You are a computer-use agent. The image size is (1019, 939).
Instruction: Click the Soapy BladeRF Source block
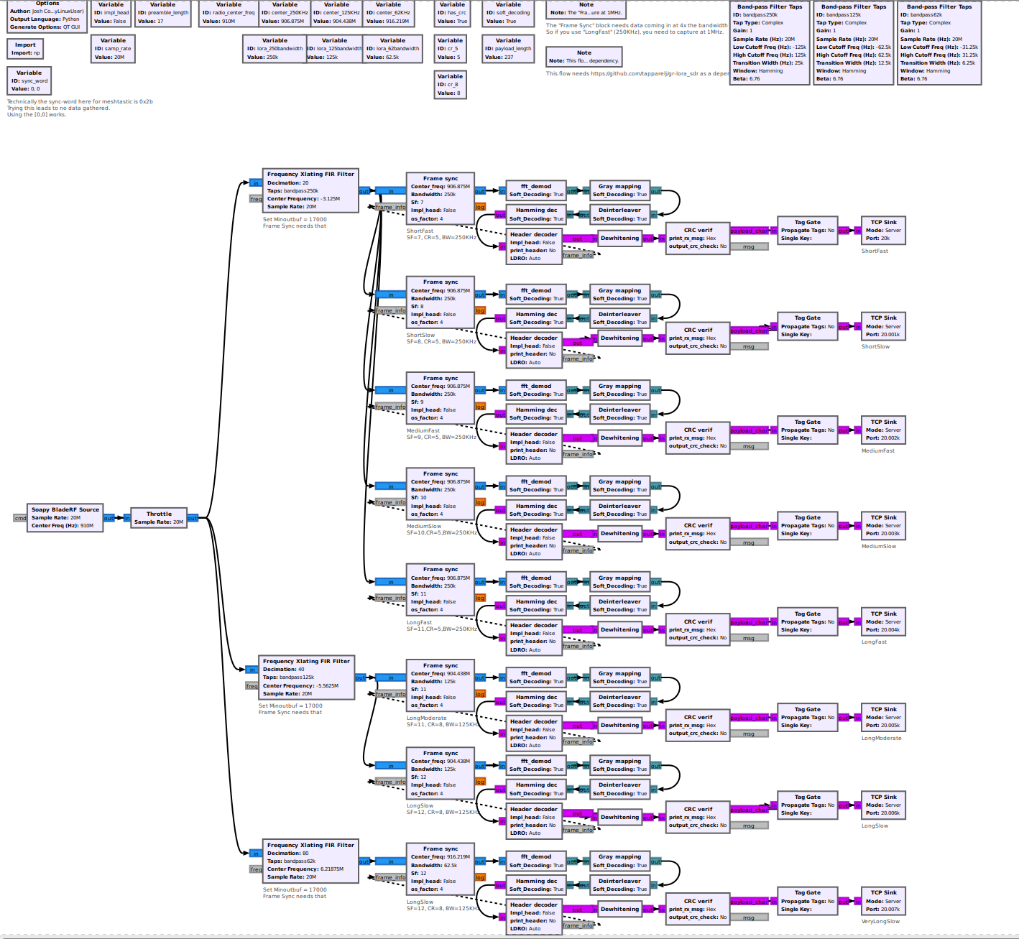65,517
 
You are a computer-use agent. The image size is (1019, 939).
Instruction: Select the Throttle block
159,518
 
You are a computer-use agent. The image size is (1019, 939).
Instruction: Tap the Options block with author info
47,17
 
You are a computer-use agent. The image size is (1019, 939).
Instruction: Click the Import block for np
25,49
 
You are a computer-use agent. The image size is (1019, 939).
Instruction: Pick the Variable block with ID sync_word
29,80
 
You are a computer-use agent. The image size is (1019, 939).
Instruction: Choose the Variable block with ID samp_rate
113,49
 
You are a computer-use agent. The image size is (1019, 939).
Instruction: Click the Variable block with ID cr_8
450,84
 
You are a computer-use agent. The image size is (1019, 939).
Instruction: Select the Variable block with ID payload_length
508,49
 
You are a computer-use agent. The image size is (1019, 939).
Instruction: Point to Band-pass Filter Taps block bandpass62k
939,43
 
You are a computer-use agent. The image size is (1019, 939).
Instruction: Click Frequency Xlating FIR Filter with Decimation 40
306,677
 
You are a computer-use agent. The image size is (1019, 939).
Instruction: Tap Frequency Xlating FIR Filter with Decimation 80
310,861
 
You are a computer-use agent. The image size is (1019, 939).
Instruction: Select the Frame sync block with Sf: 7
440,198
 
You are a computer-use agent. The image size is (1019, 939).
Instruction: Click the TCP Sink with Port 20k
883,230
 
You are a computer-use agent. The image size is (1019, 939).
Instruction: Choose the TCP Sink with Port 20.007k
883,901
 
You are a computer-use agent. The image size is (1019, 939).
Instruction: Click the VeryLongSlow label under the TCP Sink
880,922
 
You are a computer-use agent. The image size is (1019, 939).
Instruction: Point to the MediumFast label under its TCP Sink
878,450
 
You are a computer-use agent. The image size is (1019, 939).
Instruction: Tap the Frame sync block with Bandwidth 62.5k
440,869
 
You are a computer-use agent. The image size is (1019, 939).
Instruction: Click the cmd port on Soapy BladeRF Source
20,518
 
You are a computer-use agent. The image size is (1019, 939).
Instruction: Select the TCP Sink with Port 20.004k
883,622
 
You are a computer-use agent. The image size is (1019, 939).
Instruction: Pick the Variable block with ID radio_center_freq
229,14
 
